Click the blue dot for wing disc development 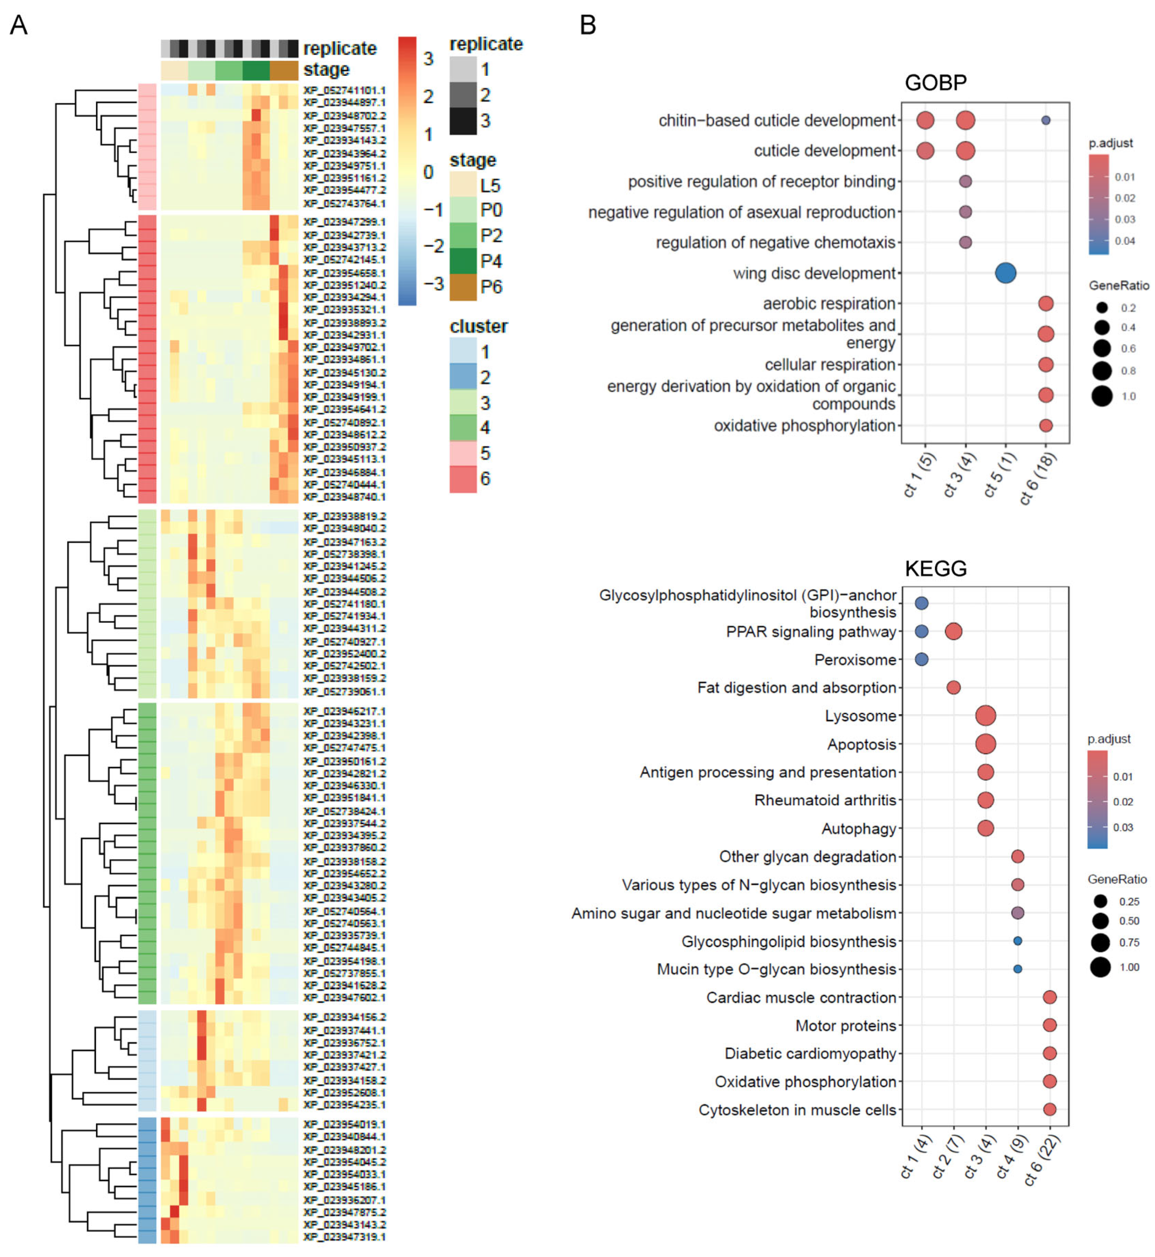coord(1005,273)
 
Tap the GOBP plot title coord(936,83)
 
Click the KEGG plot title coord(936,568)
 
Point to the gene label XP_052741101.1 coord(344,90)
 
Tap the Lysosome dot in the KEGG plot coord(986,716)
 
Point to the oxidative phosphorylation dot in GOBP coord(1046,425)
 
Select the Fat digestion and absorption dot coord(953,688)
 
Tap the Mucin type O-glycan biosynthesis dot coord(1018,969)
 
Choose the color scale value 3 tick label coord(428,59)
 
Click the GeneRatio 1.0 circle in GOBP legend coord(1102,396)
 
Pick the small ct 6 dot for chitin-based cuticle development coord(1046,120)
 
